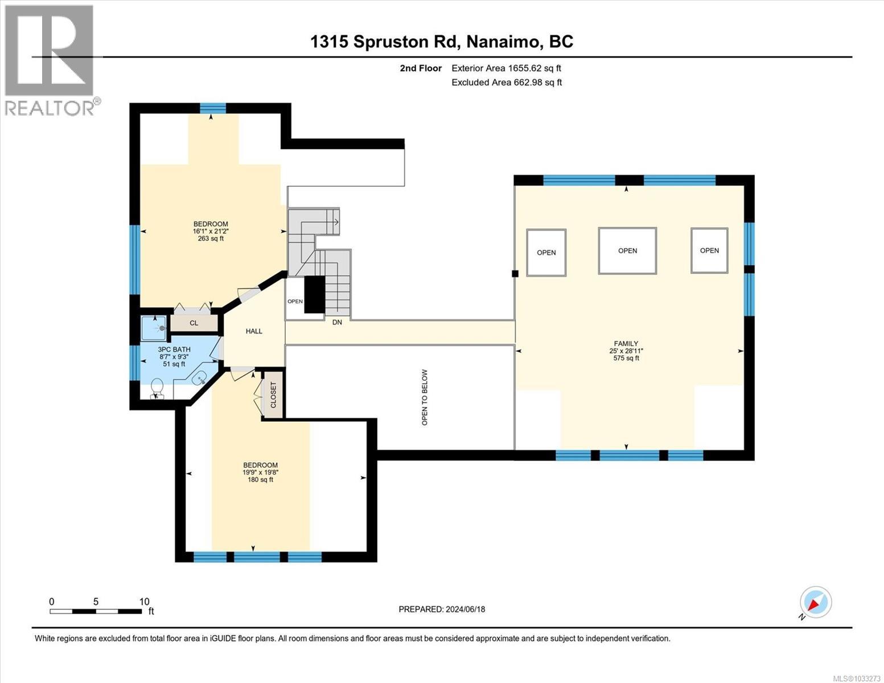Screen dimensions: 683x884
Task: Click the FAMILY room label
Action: (626, 343)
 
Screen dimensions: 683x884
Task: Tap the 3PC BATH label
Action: (174, 349)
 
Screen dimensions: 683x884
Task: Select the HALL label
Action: (254, 331)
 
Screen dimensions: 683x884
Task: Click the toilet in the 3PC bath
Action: (157, 389)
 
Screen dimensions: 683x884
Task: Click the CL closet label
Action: (194, 323)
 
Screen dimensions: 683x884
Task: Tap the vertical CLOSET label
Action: (273, 395)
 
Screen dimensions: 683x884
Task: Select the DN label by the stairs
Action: (337, 322)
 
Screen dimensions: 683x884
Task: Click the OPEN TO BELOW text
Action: (425, 397)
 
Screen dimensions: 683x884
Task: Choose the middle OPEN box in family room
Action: (627, 251)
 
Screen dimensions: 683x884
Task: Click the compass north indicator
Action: (815, 603)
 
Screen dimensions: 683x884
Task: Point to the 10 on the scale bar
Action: (144, 602)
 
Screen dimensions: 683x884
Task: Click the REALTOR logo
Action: (50, 60)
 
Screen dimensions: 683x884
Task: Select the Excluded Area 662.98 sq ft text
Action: (507, 83)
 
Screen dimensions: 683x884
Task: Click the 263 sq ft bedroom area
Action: (211, 239)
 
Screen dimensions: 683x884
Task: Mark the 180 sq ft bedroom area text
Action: (260, 480)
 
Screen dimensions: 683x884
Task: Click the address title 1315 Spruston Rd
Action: (442, 42)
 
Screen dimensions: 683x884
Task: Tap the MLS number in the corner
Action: (857, 678)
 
